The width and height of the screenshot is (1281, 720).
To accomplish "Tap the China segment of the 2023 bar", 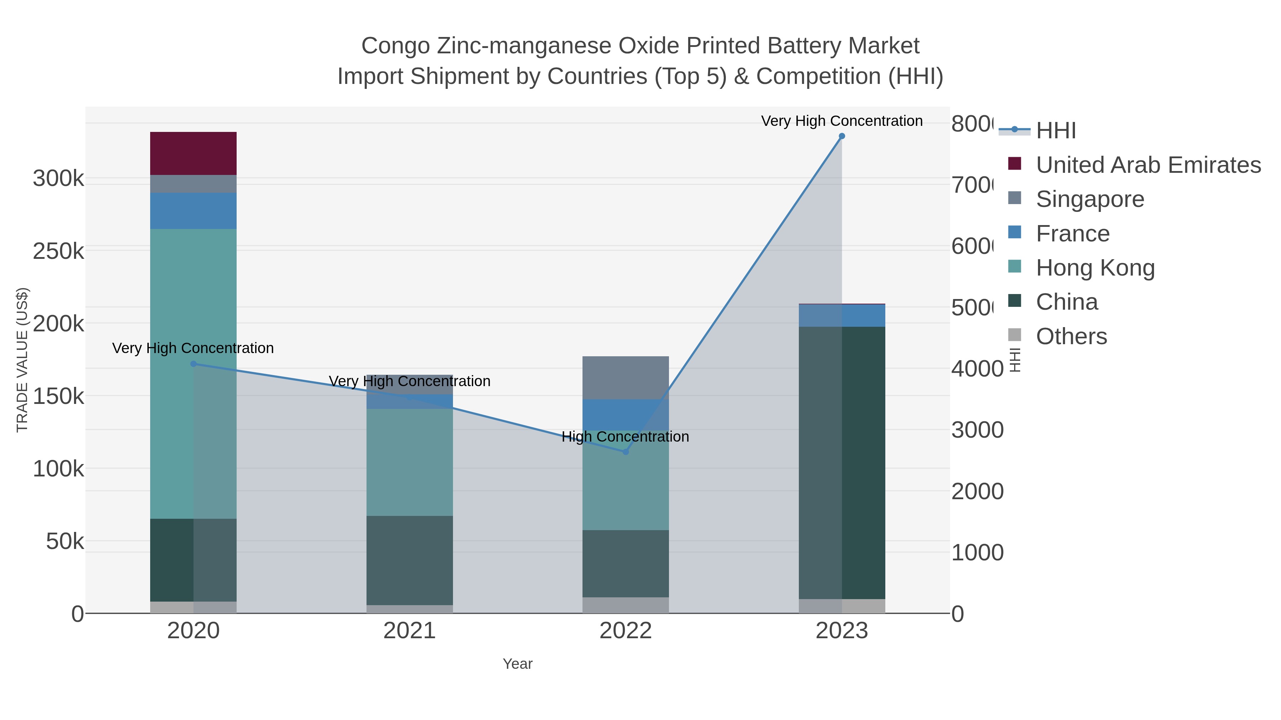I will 842,462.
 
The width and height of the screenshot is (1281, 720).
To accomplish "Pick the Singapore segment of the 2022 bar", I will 625,377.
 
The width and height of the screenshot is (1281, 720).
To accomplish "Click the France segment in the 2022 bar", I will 625,415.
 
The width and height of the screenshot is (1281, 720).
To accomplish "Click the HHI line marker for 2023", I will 842,136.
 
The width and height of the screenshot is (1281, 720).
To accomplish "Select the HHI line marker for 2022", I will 626,452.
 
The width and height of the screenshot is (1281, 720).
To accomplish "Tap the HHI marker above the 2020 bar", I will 194,364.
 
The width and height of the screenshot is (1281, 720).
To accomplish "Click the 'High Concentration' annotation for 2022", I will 625,437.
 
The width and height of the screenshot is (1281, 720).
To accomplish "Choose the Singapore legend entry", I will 1089,199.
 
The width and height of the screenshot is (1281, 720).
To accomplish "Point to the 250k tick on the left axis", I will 58,251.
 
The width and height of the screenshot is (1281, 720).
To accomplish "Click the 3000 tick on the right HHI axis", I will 977,430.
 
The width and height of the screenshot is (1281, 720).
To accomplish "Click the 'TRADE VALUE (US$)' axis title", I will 22,360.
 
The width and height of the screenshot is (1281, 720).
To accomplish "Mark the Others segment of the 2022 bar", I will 625,605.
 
